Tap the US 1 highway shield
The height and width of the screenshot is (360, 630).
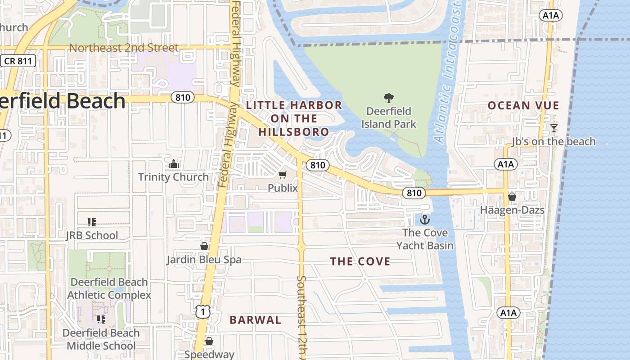point(202,311)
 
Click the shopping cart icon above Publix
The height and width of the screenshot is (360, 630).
point(283,175)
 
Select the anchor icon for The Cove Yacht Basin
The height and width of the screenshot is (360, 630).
point(424,220)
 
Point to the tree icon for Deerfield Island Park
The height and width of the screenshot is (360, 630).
point(388,98)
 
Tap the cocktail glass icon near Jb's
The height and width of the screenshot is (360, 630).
point(553,128)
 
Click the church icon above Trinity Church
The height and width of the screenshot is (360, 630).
point(174,164)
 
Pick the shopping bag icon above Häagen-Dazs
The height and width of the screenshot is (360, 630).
point(512,197)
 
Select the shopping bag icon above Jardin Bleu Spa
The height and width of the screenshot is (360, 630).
point(204,246)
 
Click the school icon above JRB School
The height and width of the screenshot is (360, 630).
point(92,222)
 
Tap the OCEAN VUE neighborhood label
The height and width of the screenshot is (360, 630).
point(523,106)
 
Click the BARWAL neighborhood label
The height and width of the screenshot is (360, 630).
point(255,320)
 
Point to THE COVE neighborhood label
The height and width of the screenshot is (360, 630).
point(360,261)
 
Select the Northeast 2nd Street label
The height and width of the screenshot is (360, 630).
point(124,48)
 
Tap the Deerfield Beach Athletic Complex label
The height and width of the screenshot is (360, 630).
point(109,288)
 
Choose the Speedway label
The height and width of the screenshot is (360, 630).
point(209,355)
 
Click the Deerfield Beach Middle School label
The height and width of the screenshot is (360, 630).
point(101,339)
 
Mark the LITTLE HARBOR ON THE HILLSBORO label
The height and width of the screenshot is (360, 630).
point(294,118)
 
